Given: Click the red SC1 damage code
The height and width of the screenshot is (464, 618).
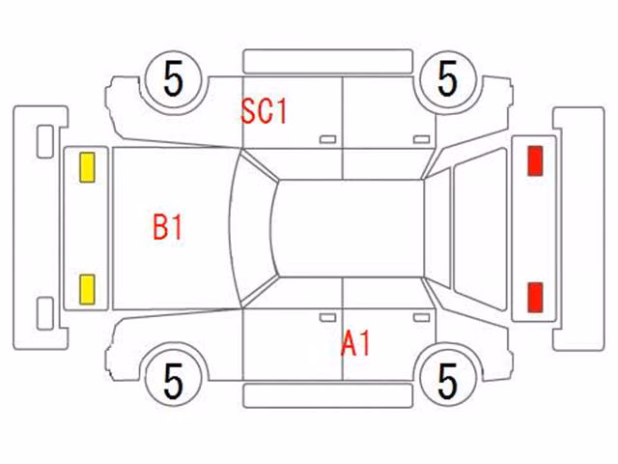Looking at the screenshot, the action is tap(264, 111).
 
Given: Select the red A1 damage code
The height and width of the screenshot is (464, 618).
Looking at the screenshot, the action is tap(355, 344).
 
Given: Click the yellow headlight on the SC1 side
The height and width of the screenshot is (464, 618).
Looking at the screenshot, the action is tap(87, 167).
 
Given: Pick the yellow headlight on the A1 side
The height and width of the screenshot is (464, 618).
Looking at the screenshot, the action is tap(87, 290).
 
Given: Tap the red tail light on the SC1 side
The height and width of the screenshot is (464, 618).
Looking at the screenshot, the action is tap(535, 160).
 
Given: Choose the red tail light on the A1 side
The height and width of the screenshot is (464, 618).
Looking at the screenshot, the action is tap(535, 297).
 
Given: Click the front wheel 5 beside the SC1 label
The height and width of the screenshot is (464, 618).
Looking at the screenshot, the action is tap(174, 79).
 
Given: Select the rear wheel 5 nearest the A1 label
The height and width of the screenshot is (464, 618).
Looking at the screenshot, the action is tap(448, 382).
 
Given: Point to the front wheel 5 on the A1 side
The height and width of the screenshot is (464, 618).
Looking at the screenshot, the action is tap(174, 382).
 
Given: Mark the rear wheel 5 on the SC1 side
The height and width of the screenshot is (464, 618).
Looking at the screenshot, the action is tap(448, 79).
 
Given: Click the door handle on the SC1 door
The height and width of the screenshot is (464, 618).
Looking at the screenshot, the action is tap(327, 139).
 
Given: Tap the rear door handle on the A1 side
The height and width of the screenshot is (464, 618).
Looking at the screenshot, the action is tap(421, 318).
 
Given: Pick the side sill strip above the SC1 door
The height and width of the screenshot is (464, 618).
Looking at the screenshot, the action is tap(328, 62).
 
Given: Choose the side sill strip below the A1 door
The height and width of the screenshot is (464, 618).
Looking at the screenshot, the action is tap(328, 395).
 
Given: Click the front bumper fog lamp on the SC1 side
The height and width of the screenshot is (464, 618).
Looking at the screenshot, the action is tap(45, 142).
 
